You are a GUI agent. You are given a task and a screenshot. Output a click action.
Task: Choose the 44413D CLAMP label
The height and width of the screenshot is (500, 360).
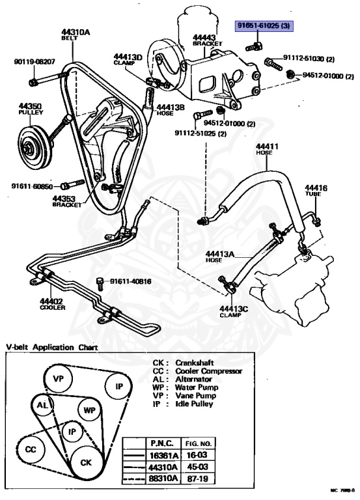coord(128,60)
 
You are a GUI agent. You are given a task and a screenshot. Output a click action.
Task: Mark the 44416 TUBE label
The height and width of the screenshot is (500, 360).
coord(317,191)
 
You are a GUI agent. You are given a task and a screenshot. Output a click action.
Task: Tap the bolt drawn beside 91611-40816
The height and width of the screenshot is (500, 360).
coord(100,282)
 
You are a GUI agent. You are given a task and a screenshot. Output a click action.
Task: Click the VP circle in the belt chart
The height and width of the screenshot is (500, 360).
coord(59,378)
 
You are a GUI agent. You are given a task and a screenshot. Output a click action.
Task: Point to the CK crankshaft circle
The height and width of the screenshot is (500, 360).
coord(87,462)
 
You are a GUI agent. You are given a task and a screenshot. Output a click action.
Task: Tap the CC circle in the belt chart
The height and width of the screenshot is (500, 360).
coord(31,449)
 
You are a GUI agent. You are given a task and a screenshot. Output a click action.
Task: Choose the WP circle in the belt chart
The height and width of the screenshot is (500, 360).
coord(90,410)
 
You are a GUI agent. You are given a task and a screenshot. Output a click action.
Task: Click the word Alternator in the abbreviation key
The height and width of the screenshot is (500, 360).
coord(195,379)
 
